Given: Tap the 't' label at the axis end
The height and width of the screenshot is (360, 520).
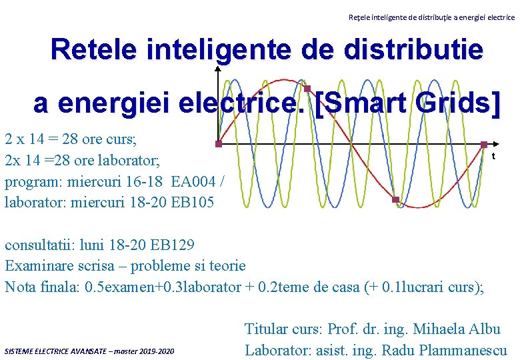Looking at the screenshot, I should [493, 157].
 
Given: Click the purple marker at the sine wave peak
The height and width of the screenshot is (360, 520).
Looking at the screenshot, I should [307, 89].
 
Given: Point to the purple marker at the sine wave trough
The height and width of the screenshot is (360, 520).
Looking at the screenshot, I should [395, 200].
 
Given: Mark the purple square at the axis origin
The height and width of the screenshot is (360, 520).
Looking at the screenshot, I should [218, 143].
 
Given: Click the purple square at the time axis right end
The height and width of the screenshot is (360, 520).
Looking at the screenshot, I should [484, 144].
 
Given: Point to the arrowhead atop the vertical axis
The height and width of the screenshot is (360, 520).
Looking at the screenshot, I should [218, 69].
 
